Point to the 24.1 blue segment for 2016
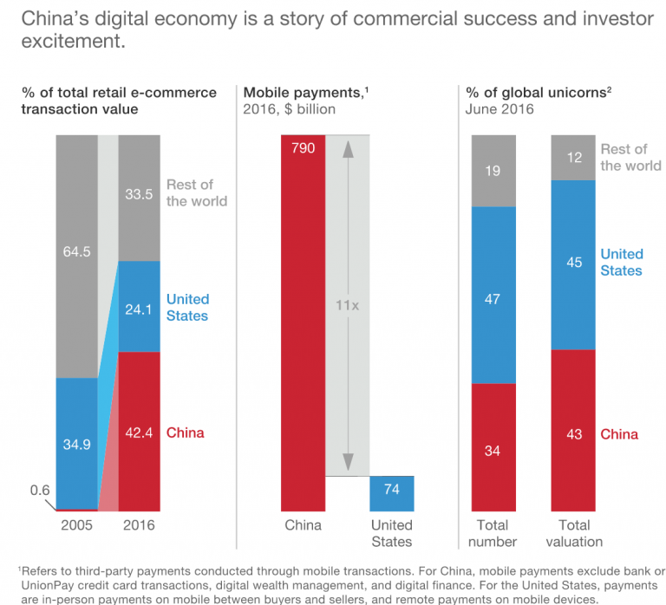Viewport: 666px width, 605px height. (139, 306)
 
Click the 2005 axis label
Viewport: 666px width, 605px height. (76, 526)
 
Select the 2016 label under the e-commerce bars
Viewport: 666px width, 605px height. (139, 526)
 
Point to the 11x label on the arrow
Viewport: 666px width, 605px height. (347, 305)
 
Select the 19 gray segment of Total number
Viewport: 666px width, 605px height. (493, 171)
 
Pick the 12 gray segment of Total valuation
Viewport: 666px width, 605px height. (572, 157)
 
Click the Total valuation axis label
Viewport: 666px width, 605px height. (572, 534)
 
